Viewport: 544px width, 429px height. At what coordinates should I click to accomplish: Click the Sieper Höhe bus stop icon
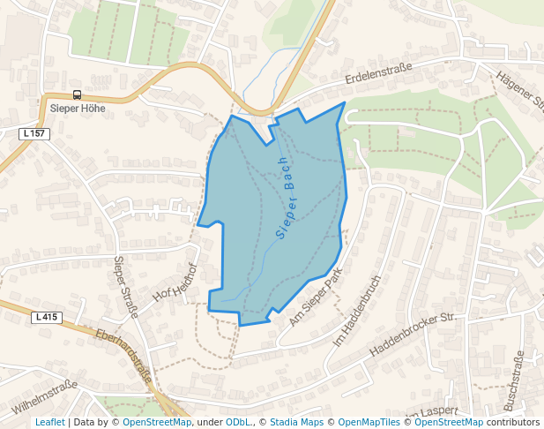click(77, 95)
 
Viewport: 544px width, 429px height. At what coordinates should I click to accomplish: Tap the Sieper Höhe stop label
click(78, 109)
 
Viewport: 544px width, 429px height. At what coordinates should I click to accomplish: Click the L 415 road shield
click(47, 317)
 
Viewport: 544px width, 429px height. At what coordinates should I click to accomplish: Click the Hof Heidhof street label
click(174, 282)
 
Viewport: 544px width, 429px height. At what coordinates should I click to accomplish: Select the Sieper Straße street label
click(126, 287)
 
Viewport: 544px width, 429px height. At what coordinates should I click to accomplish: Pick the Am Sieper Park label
click(315, 298)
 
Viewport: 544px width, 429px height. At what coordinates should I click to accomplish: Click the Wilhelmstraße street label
click(46, 397)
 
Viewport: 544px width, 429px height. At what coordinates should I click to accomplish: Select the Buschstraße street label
click(514, 380)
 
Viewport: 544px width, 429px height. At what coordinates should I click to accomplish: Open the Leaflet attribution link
click(49, 422)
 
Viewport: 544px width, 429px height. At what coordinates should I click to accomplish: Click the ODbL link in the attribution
click(238, 422)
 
